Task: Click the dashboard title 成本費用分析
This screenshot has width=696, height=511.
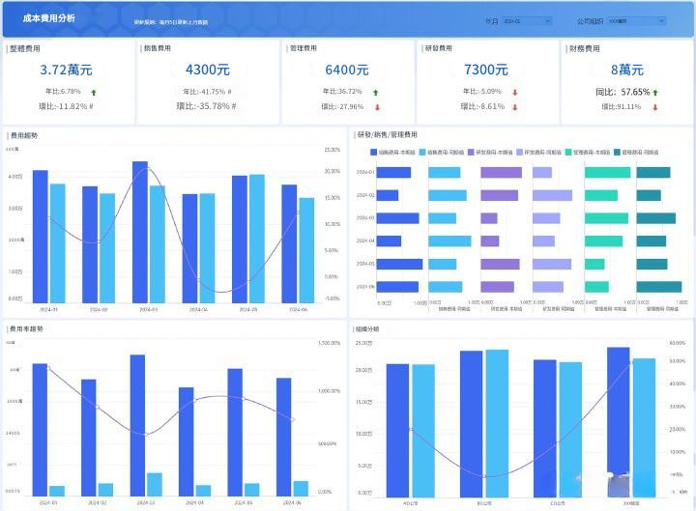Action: (48, 18)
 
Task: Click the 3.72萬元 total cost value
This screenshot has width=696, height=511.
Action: (66, 70)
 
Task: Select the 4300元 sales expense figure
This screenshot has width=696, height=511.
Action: (207, 70)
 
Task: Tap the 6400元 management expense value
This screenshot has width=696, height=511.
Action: (347, 70)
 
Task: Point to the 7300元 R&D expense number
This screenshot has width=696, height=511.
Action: (486, 70)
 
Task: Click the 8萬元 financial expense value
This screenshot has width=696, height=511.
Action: (627, 70)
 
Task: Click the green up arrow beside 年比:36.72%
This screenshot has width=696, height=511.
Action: (375, 92)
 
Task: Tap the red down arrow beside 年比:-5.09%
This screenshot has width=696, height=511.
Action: (515, 93)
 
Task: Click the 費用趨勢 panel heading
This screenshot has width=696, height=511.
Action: (23, 136)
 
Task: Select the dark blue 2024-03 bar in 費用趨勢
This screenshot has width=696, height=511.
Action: (140, 232)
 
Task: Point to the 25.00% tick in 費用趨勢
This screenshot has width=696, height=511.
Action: (333, 151)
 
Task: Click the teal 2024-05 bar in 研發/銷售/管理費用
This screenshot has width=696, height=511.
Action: (594, 264)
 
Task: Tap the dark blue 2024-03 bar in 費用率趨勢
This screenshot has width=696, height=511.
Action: (137, 425)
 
